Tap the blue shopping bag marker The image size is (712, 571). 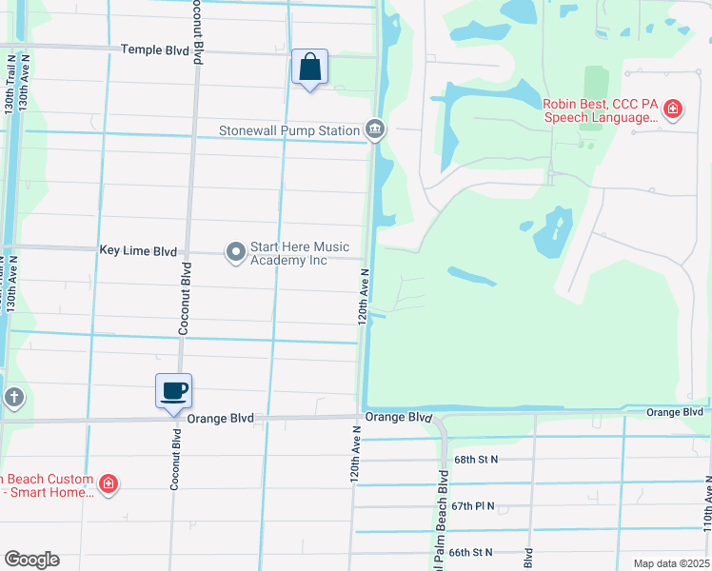point(309,69)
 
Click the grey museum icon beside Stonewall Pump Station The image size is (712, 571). point(376,129)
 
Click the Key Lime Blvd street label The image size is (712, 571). point(138,251)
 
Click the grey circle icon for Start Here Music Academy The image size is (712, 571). point(235,252)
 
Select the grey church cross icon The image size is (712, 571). point(13,397)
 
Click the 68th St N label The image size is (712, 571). point(476,460)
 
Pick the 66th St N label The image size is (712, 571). point(473,552)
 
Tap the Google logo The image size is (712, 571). point(31,560)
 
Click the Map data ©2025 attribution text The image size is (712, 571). point(670,563)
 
